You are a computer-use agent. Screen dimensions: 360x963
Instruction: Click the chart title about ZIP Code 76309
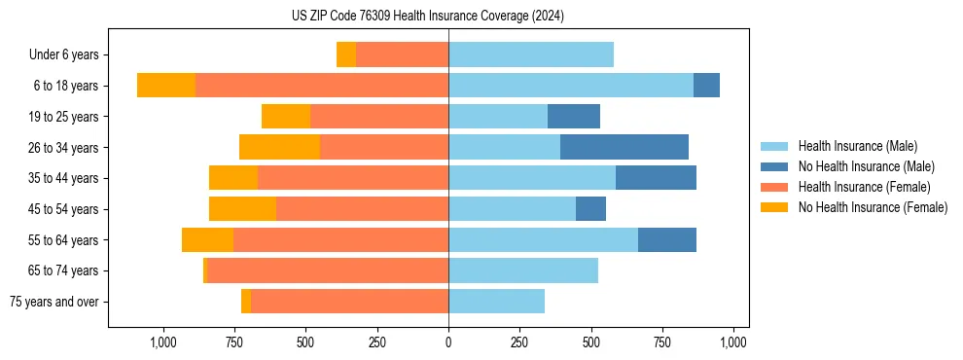tap(428, 17)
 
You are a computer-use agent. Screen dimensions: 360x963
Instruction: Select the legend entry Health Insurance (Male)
tap(857, 146)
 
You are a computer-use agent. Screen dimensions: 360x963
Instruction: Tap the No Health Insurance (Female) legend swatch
tap(775, 207)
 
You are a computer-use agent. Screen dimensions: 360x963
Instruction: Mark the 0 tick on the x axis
tap(448, 342)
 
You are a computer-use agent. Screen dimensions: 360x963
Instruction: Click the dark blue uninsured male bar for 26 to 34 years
tap(624, 147)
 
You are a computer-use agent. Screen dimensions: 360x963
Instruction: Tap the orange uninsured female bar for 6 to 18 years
tap(166, 86)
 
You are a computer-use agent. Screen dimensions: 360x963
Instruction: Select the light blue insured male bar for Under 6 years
tap(531, 54)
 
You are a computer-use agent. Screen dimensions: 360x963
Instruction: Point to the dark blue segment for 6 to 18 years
tap(706, 86)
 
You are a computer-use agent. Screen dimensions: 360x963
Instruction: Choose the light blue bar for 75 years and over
tap(496, 302)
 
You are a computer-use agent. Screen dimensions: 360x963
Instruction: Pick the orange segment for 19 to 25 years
tap(286, 117)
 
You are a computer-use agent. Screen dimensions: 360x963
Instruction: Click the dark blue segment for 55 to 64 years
tap(667, 239)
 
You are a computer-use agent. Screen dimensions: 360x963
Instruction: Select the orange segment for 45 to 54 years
tap(242, 209)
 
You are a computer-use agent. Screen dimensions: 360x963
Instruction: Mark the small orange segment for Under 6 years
tap(346, 54)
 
